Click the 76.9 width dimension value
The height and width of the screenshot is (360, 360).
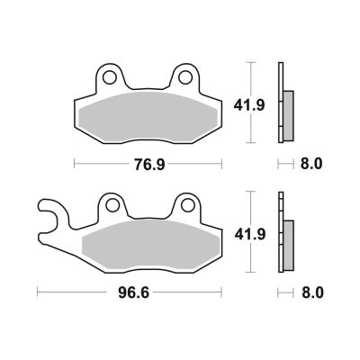[x=149, y=165]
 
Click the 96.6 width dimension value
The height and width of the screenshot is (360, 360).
[x=133, y=292]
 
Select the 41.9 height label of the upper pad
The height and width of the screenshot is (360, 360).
[x=249, y=105]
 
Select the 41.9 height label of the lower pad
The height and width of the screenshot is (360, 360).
[x=250, y=234]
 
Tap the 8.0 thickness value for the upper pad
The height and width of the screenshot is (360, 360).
[x=311, y=164]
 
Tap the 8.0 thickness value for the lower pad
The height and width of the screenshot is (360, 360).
[x=312, y=292]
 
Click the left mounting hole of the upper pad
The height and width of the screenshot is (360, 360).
[x=110, y=77]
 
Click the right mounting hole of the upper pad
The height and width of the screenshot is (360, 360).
[x=185, y=77]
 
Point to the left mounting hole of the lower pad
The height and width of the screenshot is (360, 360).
[x=112, y=206]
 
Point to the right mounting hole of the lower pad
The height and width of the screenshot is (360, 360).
[x=188, y=206]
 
